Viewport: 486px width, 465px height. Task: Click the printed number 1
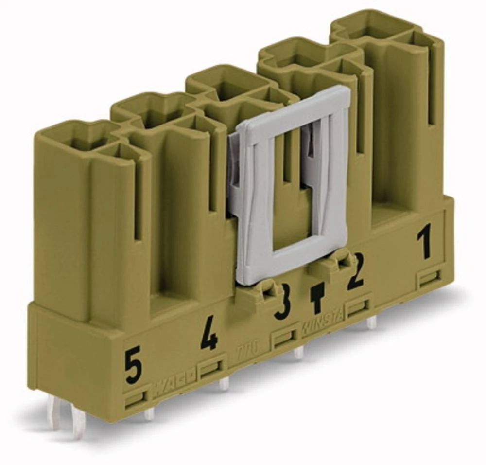[425, 244]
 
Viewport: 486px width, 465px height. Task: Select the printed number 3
[282, 304]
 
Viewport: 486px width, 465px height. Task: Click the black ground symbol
[317, 298]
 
